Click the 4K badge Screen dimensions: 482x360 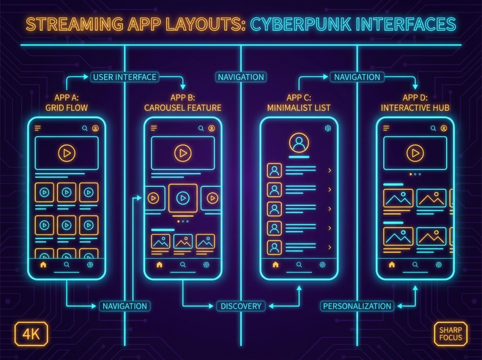31,334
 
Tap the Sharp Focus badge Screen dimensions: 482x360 450,334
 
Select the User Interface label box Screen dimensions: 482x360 124,77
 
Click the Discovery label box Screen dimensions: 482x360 241,306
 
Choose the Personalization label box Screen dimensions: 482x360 357,306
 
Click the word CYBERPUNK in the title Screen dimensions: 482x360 300,24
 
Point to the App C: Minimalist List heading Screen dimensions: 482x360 299,103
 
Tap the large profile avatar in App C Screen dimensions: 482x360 299,143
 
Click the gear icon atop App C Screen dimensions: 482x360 328,128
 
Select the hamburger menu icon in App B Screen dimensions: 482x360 154,128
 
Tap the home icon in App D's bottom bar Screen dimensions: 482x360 392,264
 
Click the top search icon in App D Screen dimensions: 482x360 433,128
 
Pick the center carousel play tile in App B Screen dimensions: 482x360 183,198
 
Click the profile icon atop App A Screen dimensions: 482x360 95,128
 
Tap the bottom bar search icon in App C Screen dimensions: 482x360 299,264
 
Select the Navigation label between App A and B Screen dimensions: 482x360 124,306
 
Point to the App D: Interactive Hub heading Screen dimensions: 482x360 415,103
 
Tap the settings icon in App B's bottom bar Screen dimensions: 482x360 206,264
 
